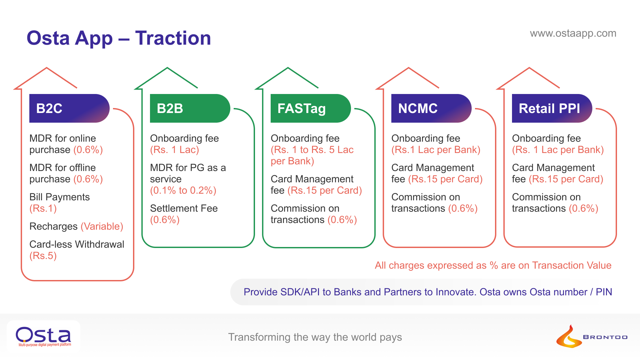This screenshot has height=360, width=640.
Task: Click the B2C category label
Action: tap(49, 109)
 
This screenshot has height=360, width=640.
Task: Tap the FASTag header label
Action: tap(301, 109)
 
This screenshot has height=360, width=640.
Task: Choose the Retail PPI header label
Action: tap(549, 109)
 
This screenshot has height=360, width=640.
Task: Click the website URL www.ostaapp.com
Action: tap(573, 33)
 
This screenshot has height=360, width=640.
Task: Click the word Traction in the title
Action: tap(173, 38)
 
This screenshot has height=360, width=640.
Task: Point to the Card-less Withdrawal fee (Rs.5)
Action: tap(43, 256)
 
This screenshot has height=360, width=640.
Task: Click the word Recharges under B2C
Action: tap(53, 227)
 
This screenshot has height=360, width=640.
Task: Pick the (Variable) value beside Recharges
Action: tap(102, 227)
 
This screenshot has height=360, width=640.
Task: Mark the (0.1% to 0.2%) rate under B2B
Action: tap(183, 191)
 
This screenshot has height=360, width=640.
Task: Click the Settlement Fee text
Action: tap(184, 209)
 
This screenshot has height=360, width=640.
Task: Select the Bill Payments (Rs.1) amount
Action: tap(43, 209)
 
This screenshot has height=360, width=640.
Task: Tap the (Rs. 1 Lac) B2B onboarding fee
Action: tap(174, 150)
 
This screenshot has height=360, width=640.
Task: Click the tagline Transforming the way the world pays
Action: tap(315, 337)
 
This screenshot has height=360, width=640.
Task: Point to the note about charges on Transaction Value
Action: tap(493, 265)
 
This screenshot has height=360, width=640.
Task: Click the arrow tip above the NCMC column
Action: tap(408, 69)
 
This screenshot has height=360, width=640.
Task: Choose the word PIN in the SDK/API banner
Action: tap(604, 292)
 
